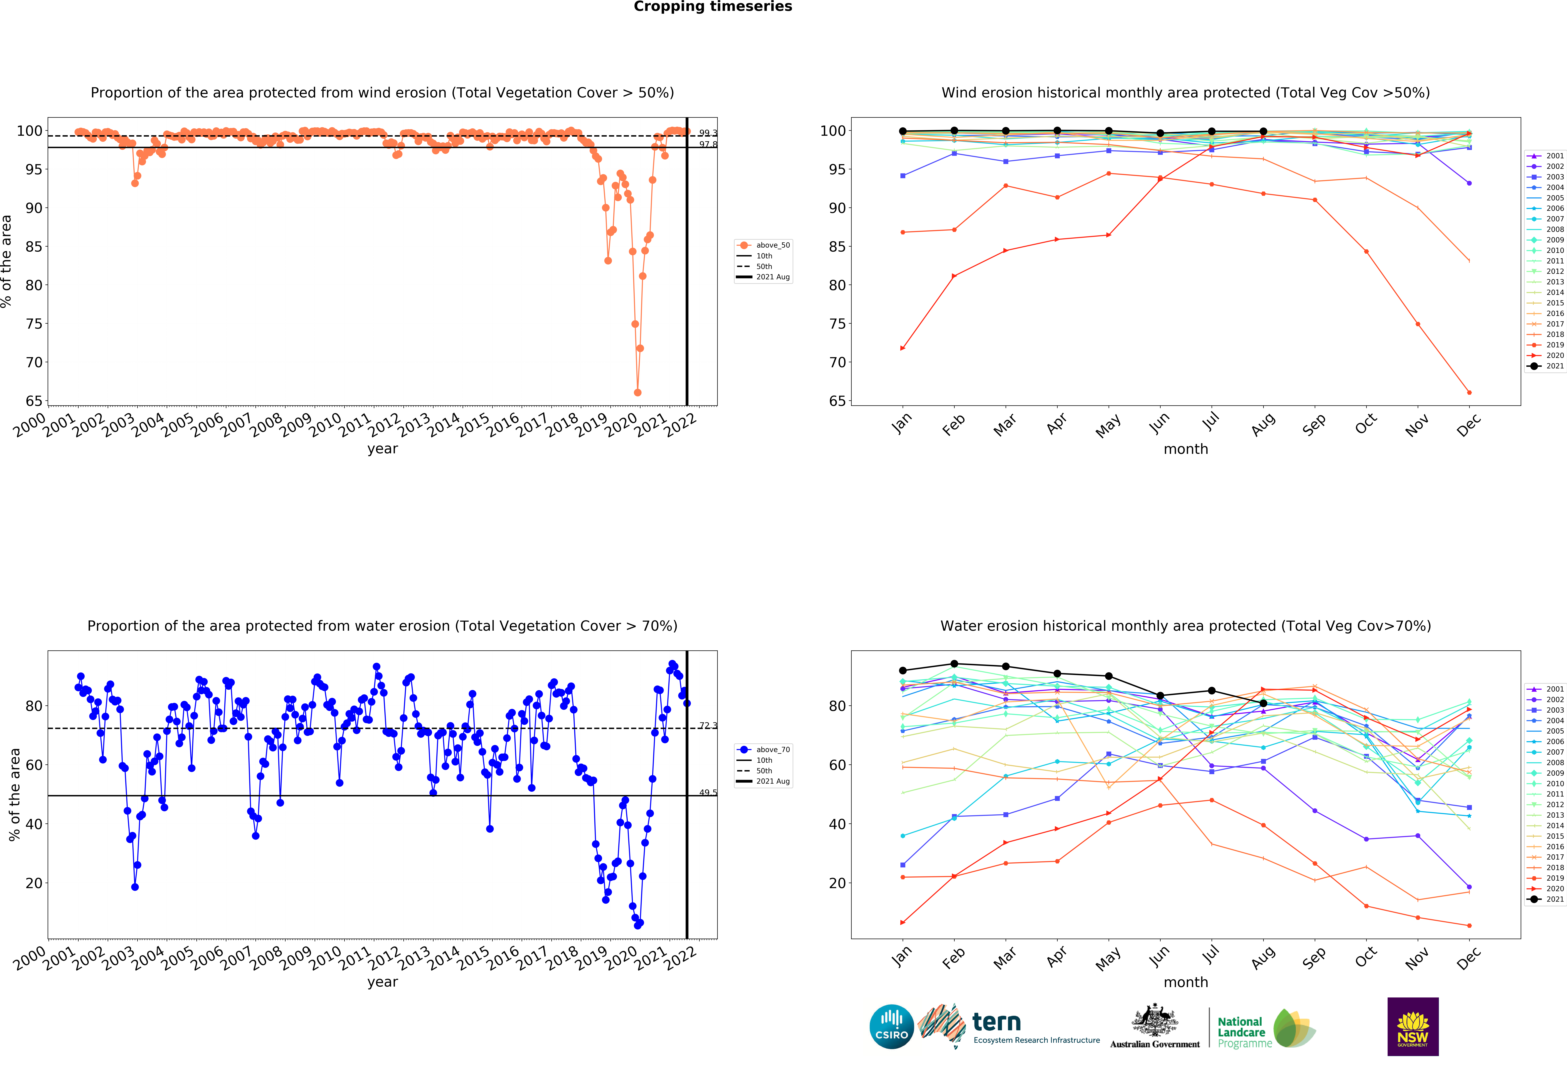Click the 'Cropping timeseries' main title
[713, 7]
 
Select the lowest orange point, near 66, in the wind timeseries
[637, 392]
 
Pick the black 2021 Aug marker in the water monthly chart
[1263, 703]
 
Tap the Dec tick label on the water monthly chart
[1469, 958]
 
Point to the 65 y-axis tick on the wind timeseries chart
[34, 401]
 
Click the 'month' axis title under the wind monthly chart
[1185, 449]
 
